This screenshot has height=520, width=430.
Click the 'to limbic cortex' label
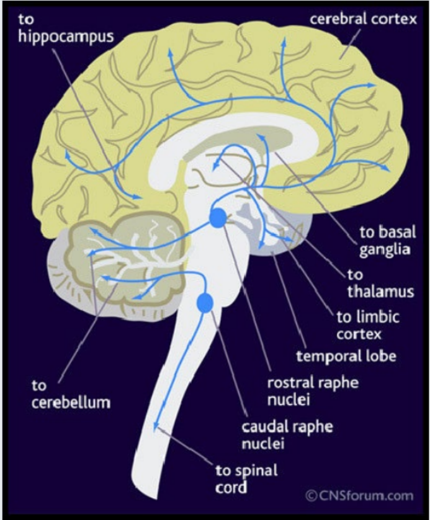367,325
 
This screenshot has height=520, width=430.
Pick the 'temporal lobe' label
339,356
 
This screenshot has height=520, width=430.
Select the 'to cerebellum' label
69,393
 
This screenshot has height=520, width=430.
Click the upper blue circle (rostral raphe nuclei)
218,218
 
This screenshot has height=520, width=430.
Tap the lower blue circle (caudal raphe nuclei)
204,303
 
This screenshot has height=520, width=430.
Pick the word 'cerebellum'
69,402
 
